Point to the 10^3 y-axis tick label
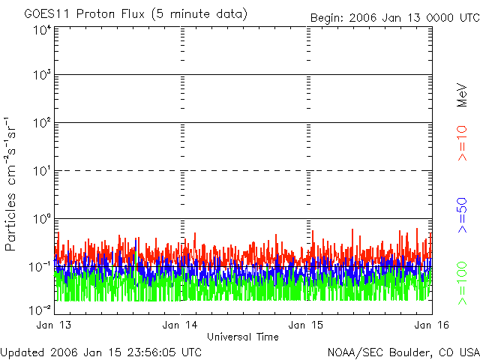coord(41,76)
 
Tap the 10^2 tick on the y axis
coord(41,124)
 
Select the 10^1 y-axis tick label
coord(41,172)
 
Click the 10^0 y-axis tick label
coord(41,219)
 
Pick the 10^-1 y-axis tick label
coord(40,267)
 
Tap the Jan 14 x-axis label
coord(180,325)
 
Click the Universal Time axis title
coord(242,337)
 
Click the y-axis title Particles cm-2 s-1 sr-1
coord(13,183)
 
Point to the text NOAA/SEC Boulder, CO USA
coord(403,352)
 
